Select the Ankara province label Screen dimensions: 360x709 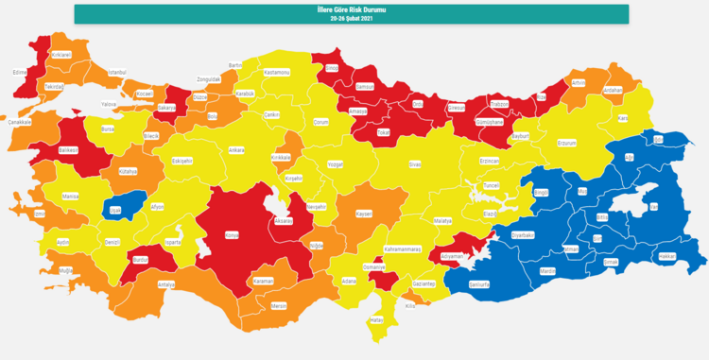pyautogui.click(x=236, y=150)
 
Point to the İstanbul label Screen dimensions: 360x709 pyautogui.click(x=117, y=73)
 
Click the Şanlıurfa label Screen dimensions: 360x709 pyautogui.click(x=480, y=283)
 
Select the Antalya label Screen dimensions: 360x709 pyautogui.click(x=166, y=283)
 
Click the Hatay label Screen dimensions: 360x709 pyautogui.click(x=379, y=320)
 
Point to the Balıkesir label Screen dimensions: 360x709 pyautogui.click(x=68, y=149)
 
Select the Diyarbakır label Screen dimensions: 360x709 pyautogui.click(x=523, y=234)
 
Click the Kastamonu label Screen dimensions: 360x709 pyautogui.click(x=277, y=72)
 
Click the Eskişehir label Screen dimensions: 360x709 pyautogui.click(x=182, y=162)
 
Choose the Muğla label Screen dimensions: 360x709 pyautogui.click(x=65, y=270)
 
